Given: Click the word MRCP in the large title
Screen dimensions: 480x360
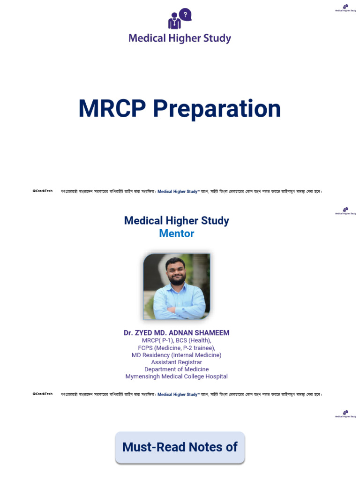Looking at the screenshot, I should coord(112,109).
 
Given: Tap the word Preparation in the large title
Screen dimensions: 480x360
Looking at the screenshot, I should coord(217,109).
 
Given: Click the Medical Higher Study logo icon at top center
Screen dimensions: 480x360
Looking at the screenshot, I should coord(180,19).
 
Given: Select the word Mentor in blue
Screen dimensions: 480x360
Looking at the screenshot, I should coord(176,233).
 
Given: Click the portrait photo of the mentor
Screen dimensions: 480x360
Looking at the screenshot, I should coord(177,286).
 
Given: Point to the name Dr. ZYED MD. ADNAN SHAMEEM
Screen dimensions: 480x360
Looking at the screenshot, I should coord(176,333).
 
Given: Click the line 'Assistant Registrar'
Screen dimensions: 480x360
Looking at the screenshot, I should coord(176,362).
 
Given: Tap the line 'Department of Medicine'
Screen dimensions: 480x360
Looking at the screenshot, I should coord(176,369).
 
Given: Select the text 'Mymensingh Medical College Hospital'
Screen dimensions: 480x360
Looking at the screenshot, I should coord(176,376).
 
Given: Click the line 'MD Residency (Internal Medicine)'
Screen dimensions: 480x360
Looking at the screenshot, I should coord(176,355).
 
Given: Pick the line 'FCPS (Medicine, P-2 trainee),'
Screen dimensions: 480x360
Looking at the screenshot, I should coord(176,348).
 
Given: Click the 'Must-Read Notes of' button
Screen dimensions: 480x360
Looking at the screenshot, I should coord(180,447).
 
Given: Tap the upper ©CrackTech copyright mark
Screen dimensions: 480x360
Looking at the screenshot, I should coord(43,191).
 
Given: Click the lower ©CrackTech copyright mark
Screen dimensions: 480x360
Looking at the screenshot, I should coord(43,394).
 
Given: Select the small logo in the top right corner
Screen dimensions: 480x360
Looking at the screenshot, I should coord(345,7).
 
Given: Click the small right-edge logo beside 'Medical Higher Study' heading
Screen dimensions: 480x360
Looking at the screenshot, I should coord(345,210).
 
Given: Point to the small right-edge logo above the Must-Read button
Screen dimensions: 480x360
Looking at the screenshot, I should coord(345,413).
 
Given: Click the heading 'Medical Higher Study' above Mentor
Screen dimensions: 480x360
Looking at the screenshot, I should coord(176,221).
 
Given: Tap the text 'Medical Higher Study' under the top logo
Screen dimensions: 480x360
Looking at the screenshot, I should coord(180,38).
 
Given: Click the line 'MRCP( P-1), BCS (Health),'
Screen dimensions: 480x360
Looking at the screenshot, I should coord(176,341).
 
